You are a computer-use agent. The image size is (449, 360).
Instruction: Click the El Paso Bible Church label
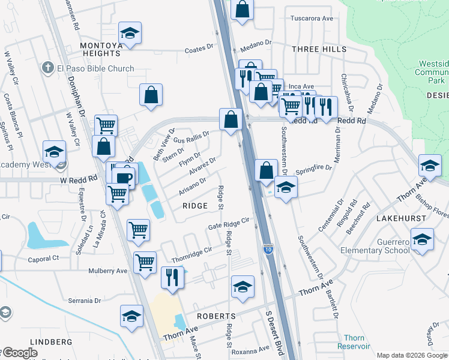point(95,68)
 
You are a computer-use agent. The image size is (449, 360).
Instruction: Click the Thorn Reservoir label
point(354,342)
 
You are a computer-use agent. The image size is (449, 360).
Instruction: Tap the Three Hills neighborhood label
point(319,49)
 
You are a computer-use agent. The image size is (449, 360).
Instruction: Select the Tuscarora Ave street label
point(312,19)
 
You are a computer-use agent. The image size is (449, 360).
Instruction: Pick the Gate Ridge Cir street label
point(228,222)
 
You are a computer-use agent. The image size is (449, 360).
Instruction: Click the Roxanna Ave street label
point(251,349)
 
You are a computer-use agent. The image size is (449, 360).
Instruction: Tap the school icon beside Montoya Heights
point(130,34)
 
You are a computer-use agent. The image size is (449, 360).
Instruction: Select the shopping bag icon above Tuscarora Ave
point(242,9)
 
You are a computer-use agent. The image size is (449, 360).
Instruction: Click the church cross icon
point(47,68)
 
